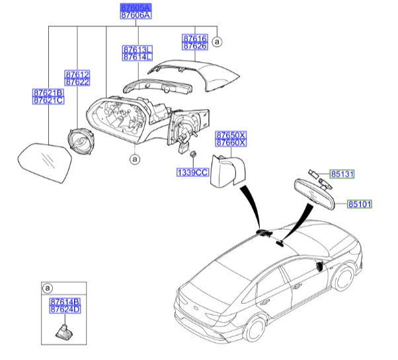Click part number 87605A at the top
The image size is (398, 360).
pos(135,6)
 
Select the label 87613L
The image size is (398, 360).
pos(137,50)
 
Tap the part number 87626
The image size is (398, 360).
pos(194,46)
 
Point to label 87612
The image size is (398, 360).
pos(77,75)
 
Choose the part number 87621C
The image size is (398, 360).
pos(48,100)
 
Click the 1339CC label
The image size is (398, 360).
pos(192,172)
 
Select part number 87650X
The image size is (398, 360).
pos(231,134)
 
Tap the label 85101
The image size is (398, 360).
pos(361,205)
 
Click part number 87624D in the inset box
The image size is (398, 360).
pos(65,309)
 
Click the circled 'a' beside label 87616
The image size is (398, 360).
pos(218,42)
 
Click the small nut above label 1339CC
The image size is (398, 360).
pos(191,155)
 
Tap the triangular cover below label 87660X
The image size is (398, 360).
pos(225,170)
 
